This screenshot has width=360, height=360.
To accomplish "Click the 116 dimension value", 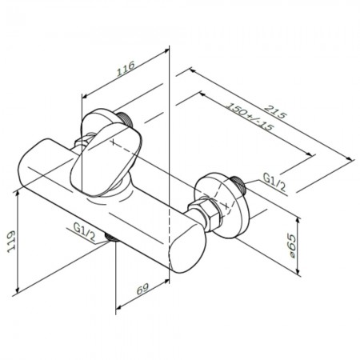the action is click(x=126, y=69).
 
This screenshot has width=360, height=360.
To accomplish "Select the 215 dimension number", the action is click(x=276, y=111).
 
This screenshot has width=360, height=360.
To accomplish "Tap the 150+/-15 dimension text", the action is click(x=250, y=116).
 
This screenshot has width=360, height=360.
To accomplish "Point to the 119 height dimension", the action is click(x=11, y=242).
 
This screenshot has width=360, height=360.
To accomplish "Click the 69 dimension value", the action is click(x=143, y=289).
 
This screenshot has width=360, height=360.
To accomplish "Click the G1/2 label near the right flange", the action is click(x=274, y=182).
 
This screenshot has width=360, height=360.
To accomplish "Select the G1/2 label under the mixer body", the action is click(x=84, y=232).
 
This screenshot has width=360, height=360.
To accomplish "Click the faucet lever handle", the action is click(x=106, y=158).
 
